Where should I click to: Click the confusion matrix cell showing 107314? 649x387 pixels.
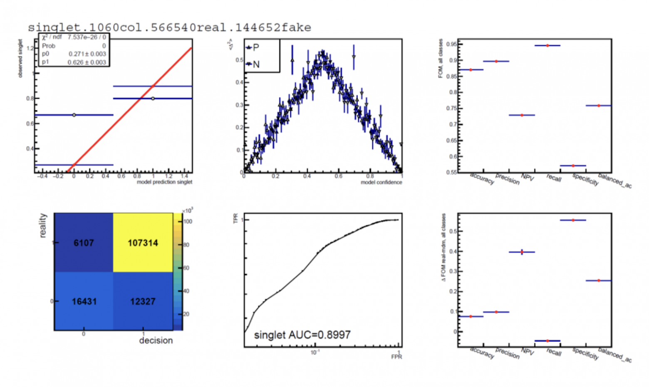coord(143,243)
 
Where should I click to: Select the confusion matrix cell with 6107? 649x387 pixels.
coord(84,243)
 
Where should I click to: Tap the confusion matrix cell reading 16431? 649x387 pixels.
coord(84,301)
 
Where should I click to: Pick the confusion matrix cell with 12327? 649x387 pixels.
coord(143,301)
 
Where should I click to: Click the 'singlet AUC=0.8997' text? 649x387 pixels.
coord(302,335)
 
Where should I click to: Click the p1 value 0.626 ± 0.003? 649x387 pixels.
coord(87,62)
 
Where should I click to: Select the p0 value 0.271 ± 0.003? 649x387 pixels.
coord(87,54)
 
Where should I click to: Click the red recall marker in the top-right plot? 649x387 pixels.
coord(547,45)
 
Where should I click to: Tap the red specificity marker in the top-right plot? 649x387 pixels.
coord(573,166)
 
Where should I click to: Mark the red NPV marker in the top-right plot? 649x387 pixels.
coord(522,115)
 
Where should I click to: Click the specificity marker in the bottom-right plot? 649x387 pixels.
coord(573,220)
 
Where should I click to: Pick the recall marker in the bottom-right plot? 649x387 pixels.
coord(547,341)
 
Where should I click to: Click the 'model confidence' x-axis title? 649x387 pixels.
coord(381,182)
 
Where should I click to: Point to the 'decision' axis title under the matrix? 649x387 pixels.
coord(156,340)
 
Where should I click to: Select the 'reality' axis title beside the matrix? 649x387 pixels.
coord(43,225)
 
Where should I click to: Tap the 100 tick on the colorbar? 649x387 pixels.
coord(188,222)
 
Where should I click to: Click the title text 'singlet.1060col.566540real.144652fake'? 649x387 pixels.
coord(169,28)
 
